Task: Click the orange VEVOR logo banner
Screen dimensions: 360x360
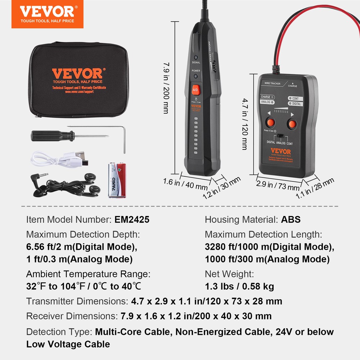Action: [47, 14]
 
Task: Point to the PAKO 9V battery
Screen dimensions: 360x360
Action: [118, 180]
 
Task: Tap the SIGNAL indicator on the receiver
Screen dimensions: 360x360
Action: [196, 58]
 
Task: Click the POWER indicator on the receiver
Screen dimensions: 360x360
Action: [196, 76]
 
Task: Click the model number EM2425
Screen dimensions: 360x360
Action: [132, 219]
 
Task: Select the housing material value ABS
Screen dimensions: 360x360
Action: [291, 219]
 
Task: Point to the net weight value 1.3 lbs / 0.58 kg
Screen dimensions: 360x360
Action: [239, 286]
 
